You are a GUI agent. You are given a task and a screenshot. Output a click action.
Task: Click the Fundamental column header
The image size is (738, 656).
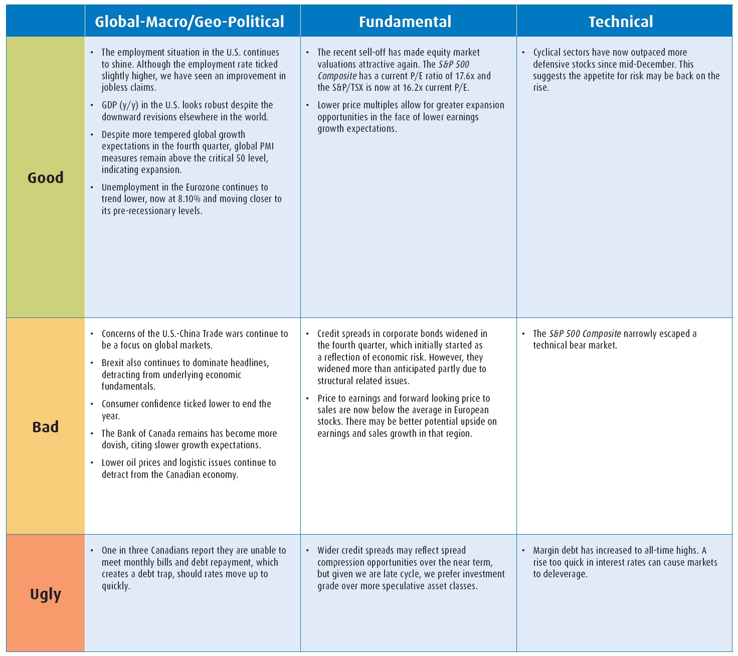click(x=405, y=22)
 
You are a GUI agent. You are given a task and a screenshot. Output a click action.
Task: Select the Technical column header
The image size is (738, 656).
click(x=621, y=22)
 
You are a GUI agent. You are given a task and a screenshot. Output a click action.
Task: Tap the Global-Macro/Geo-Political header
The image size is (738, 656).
click(x=190, y=22)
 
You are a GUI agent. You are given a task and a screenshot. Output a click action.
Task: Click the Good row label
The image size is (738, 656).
click(x=45, y=178)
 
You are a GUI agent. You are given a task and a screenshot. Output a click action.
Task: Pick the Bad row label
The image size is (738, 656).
click(x=45, y=427)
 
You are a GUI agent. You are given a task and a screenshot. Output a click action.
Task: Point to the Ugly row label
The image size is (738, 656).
click(x=45, y=594)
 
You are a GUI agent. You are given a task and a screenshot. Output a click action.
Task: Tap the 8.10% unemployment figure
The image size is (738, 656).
click(x=189, y=199)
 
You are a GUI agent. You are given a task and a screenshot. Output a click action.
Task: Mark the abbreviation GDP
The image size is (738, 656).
click(x=110, y=105)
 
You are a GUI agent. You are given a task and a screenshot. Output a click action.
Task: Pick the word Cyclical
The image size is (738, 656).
click(x=550, y=52)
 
